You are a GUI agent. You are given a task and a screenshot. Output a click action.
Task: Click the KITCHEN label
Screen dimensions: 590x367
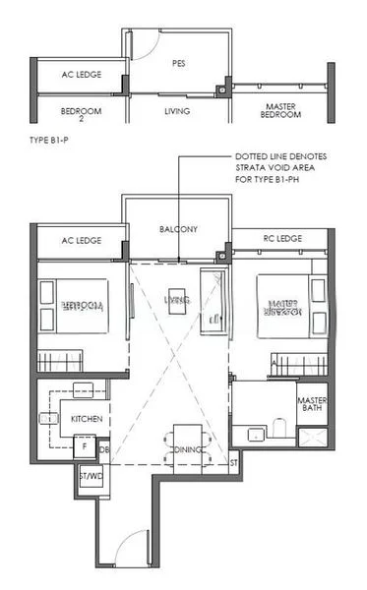[x=87, y=419]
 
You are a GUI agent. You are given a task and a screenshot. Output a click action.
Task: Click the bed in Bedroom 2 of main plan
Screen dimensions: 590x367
[x=66, y=307]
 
